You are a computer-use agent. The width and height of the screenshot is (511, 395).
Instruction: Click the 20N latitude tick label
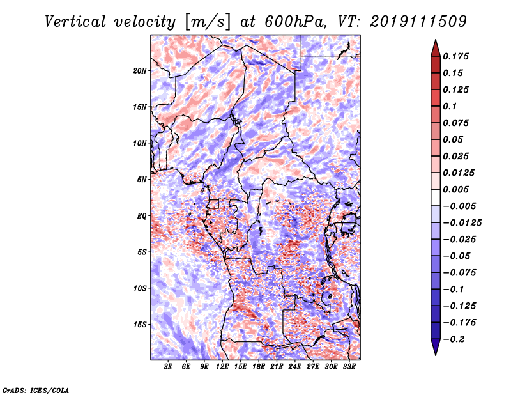(x=141, y=70)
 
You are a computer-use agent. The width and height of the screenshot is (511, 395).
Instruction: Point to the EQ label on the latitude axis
(x=142, y=215)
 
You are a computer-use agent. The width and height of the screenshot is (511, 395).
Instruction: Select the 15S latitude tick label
(x=141, y=324)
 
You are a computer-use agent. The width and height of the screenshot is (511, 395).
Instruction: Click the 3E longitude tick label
(x=169, y=366)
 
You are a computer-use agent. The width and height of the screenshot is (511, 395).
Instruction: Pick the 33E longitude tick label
(x=349, y=366)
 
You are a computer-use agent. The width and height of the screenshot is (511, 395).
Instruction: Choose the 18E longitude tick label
(x=259, y=366)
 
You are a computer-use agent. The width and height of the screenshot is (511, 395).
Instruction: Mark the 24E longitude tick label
(x=295, y=366)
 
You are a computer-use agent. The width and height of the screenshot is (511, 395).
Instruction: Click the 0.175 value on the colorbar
(x=457, y=56)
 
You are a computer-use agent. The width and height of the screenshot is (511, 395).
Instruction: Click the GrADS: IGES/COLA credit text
(x=35, y=389)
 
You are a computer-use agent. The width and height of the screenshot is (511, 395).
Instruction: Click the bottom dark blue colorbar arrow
(x=435, y=348)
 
